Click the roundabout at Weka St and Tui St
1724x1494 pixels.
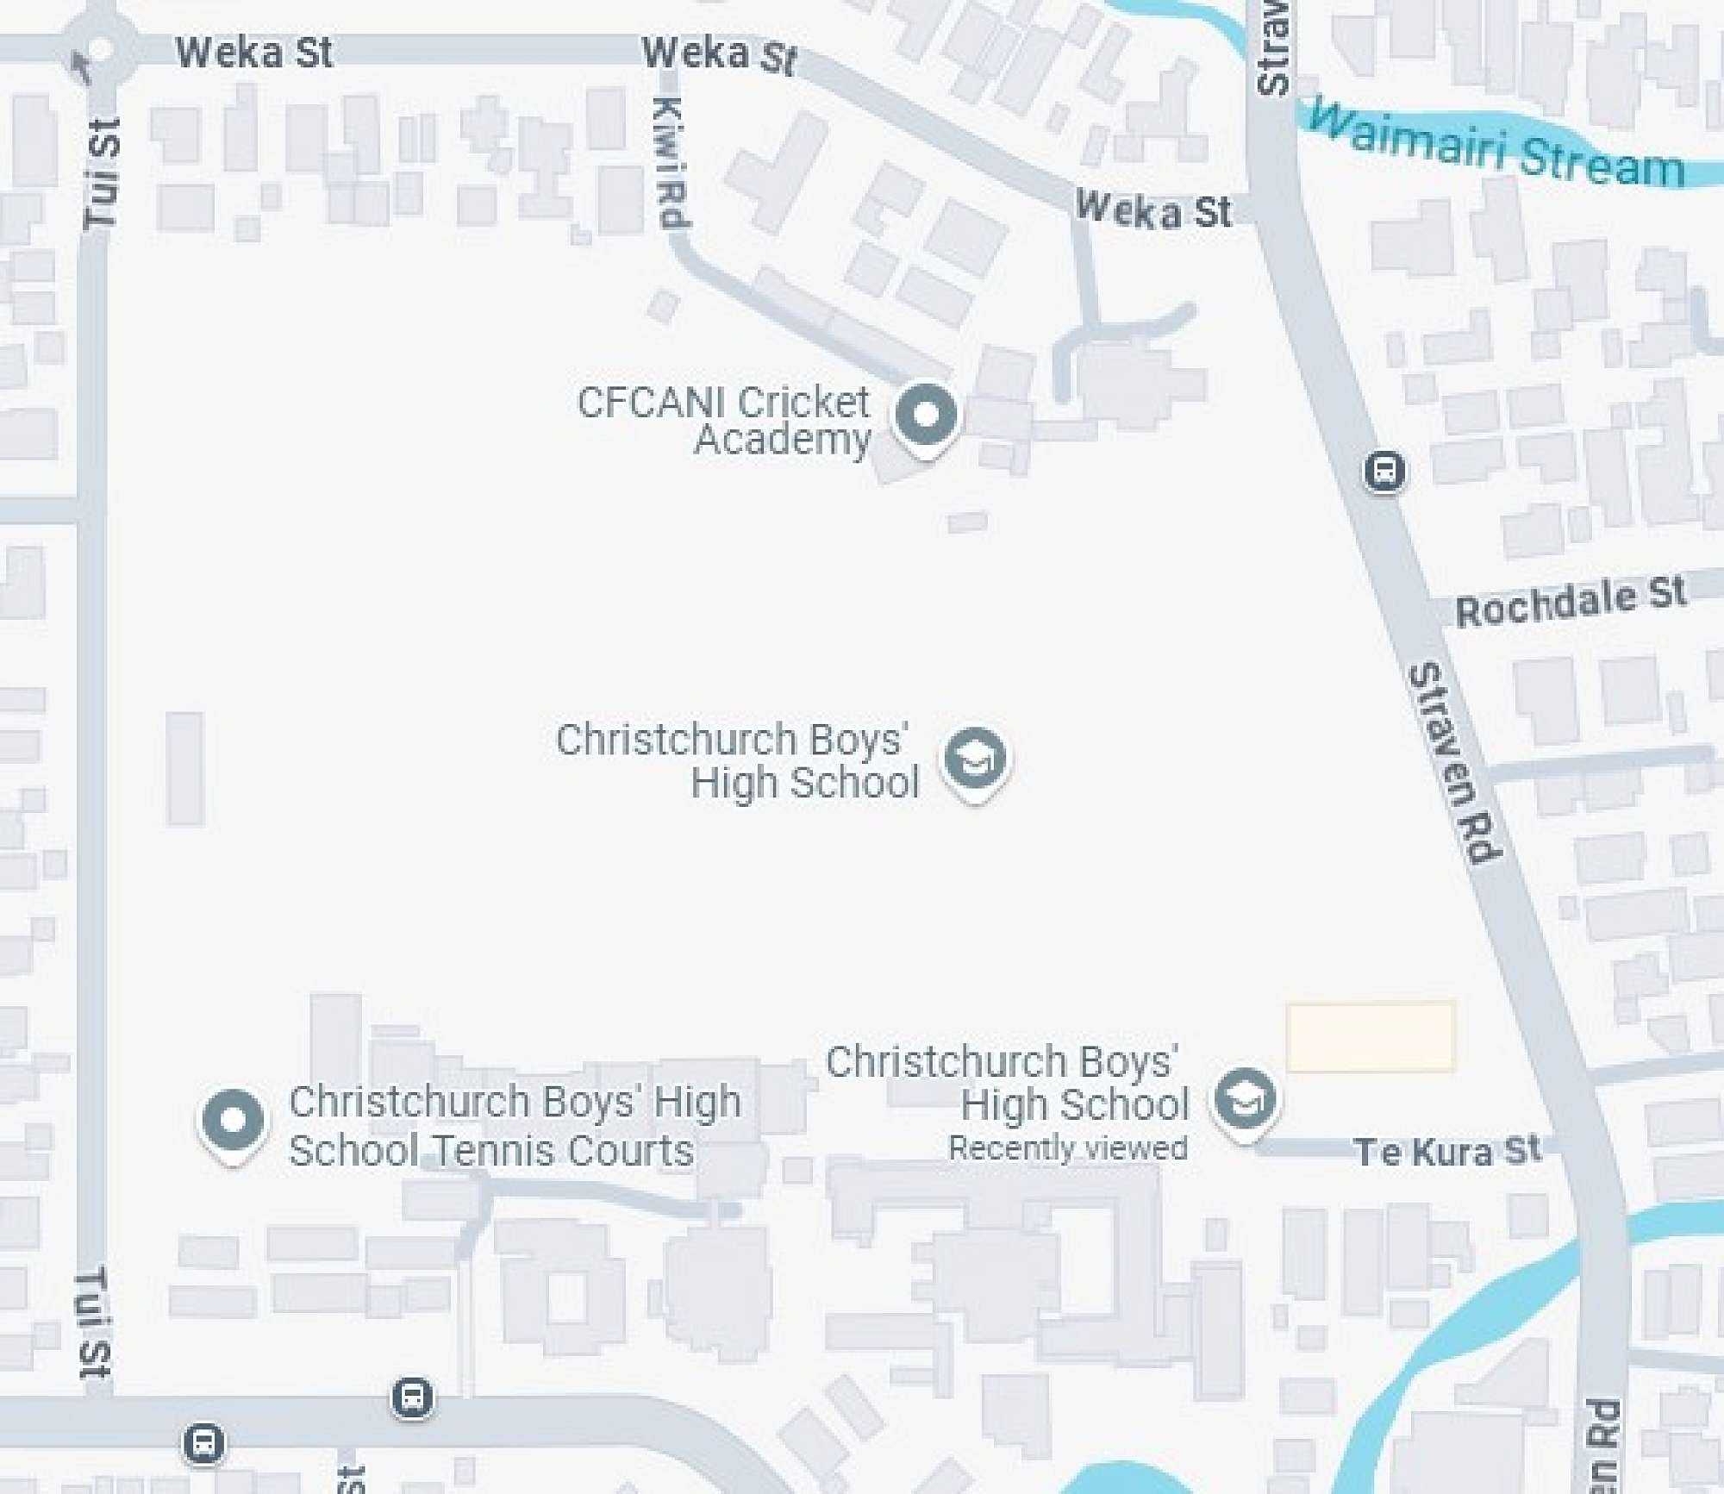(x=99, y=49)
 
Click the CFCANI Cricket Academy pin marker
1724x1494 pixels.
(x=926, y=416)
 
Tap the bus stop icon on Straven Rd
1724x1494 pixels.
(x=1384, y=472)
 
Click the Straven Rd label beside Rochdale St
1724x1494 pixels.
(x=1454, y=762)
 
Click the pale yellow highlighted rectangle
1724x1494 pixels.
(x=1370, y=1036)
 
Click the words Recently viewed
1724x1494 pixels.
(x=1068, y=1148)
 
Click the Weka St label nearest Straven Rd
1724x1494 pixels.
(x=1154, y=210)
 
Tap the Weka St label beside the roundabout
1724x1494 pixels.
(x=254, y=53)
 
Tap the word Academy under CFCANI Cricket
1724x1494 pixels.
(x=783, y=440)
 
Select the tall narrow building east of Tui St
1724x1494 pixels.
(x=184, y=769)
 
